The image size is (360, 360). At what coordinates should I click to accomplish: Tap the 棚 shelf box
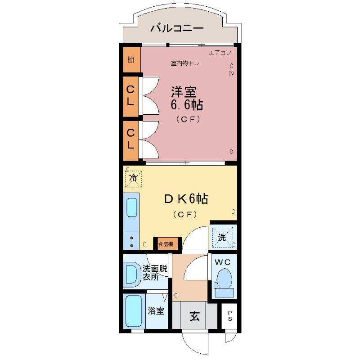coord(130,60)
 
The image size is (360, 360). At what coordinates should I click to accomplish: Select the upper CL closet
coord(130,95)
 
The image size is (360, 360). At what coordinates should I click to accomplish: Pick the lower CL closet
coord(130,139)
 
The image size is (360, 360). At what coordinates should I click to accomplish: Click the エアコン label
coord(220,53)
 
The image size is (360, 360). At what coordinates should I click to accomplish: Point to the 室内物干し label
coord(184,63)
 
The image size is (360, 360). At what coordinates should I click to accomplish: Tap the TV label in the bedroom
coord(231,74)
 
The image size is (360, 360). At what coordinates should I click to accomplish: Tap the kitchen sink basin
coord(131,207)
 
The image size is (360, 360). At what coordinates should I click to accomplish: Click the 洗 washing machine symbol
coord(223,237)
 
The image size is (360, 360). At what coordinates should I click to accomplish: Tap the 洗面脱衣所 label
coord(154,273)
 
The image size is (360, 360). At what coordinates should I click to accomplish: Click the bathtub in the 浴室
coord(134,311)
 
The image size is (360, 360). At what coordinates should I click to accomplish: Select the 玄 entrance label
coord(194,316)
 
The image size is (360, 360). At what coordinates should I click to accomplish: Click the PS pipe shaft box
coord(230,316)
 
